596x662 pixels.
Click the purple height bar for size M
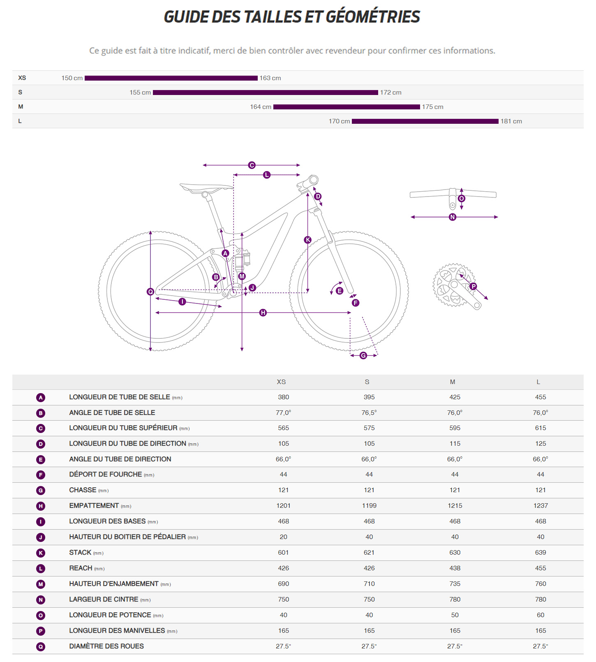[347, 107]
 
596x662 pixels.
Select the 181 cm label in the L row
[511, 121]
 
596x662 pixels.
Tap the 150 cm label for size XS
[72, 78]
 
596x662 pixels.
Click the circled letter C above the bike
[252, 165]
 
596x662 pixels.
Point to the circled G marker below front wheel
[363, 356]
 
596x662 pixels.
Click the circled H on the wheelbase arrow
[263, 313]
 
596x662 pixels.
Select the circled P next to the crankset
[473, 286]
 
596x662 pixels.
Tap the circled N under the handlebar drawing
[453, 217]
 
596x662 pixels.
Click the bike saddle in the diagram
[206, 188]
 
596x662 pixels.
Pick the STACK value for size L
[540, 553]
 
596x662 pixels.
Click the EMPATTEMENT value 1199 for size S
[369, 506]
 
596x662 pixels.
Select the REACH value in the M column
[455, 568]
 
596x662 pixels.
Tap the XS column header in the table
[281, 382]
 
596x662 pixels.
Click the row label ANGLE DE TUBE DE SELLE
[112, 413]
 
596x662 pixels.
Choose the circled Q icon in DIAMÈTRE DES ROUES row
[41, 647]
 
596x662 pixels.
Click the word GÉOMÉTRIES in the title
[372, 17]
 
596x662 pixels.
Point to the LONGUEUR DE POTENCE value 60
[540, 615]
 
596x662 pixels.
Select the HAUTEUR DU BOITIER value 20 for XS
[283, 537]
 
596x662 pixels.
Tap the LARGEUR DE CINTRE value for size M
[455, 600]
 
